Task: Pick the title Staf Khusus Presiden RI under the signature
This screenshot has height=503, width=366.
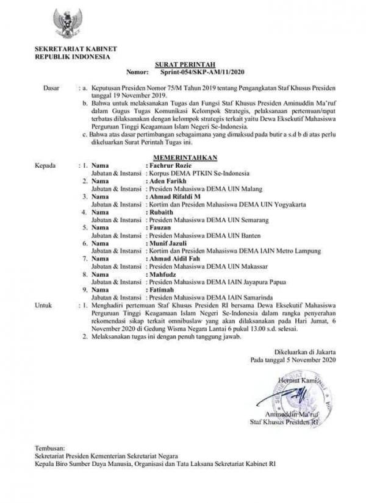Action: (x=288, y=421)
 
